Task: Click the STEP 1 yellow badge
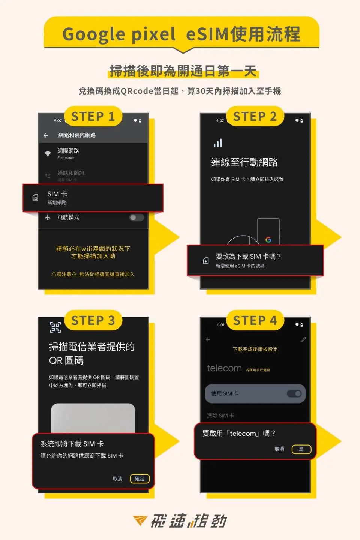coord(93,117)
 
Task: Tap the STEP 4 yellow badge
coord(255,321)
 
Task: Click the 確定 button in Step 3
coord(139,478)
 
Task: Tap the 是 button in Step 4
coord(301,449)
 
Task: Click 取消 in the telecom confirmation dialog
coord(279,449)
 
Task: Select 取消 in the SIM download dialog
coord(117,478)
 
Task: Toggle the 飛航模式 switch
coord(136,217)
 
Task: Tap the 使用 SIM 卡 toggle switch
coord(294,393)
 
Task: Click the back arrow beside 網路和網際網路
coord(46,135)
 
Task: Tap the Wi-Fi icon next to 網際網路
coord(48,154)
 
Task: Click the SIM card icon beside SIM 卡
coord(35,198)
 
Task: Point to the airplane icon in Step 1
coord(48,217)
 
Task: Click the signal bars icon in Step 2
coord(218,143)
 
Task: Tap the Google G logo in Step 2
coord(268,240)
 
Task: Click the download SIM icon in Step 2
coord(206,261)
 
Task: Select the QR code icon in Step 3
coord(55,327)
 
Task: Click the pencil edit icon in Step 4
coord(304,339)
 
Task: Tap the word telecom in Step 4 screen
coord(224,368)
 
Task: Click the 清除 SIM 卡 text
coord(220,415)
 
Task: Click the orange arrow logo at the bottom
coord(140,520)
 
